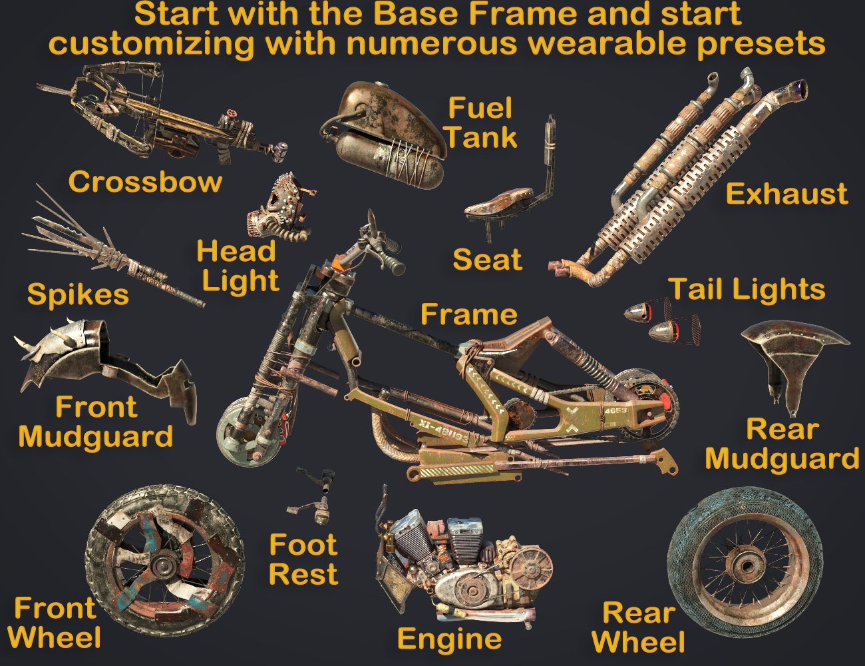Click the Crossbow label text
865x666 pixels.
[x=144, y=182]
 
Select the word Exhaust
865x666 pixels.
[x=786, y=194]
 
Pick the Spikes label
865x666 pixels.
[x=78, y=294]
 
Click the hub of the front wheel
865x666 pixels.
[x=162, y=567]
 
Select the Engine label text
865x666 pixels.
[x=449, y=639]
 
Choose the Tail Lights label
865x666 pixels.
[x=747, y=289]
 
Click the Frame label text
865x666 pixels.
[x=468, y=314]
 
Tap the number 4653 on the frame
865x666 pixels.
[x=615, y=411]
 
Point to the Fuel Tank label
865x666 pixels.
[x=481, y=123]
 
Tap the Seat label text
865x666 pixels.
[x=487, y=259]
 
